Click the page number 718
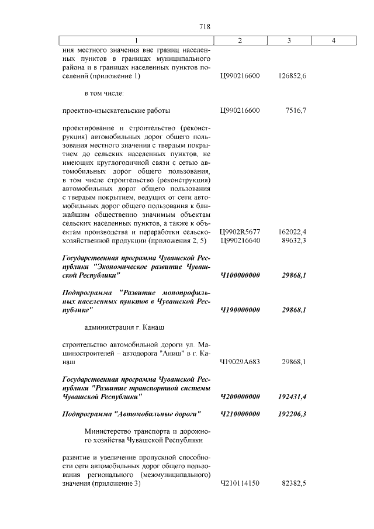(205, 27)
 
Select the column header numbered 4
(333, 40)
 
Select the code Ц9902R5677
(240, 232)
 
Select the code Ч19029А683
(240, 362)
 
